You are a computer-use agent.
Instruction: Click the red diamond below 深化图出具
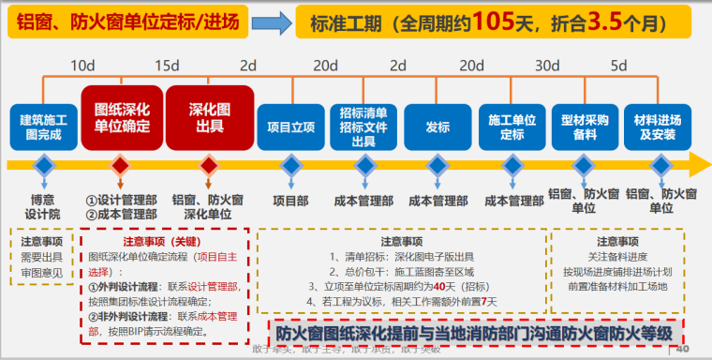[x=209, y=166]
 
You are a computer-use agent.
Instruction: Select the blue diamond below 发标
[x=438, y=166]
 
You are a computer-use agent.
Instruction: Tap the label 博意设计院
[x=42, y=205]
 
